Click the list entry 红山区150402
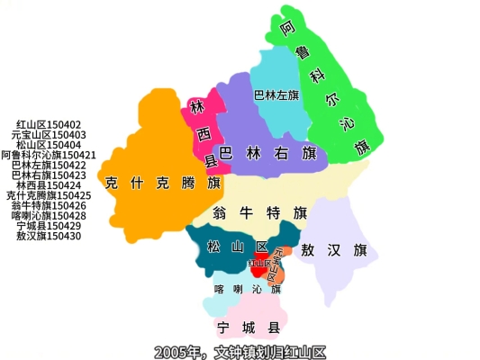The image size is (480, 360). pyautogui.click(x=49, y=125)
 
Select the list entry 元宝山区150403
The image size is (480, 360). pyautogui.click(x=49, y=135)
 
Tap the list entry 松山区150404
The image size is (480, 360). pyautogui.click(x=49, y=145)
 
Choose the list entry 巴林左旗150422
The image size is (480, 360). pyautogui.click(x=49, y=165)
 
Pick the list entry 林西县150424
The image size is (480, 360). pyautogui.click(x=49, y=185)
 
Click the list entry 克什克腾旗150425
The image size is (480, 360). pyautogui.click(x=49, y=195)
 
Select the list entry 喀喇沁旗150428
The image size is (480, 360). pyautogui.click(x=49, y=215)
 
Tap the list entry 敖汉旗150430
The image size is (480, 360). pyautogui.click(x=49, y=236)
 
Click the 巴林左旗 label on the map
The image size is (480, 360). pyautogui.click(x=276, y=94)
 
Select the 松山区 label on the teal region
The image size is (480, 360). pyautogui.click(x=237, y=247)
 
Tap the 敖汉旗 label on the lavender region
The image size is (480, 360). pyautogui.click(x=334, y=249)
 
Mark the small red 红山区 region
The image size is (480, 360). pyautogui.click(x=259, y=266)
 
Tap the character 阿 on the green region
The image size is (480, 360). pyautogui.click(x=287, y=29)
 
